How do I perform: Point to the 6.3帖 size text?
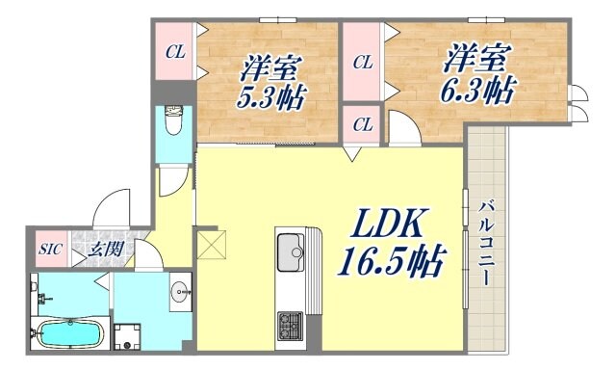(x=478, y=91)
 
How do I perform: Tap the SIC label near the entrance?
(x=51, y=249)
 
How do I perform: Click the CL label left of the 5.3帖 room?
(x=175, y=52)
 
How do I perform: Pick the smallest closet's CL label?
(x=362, y=124)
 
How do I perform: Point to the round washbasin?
(x=179, y=291)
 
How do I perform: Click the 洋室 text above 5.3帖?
(x=271, y=68)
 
